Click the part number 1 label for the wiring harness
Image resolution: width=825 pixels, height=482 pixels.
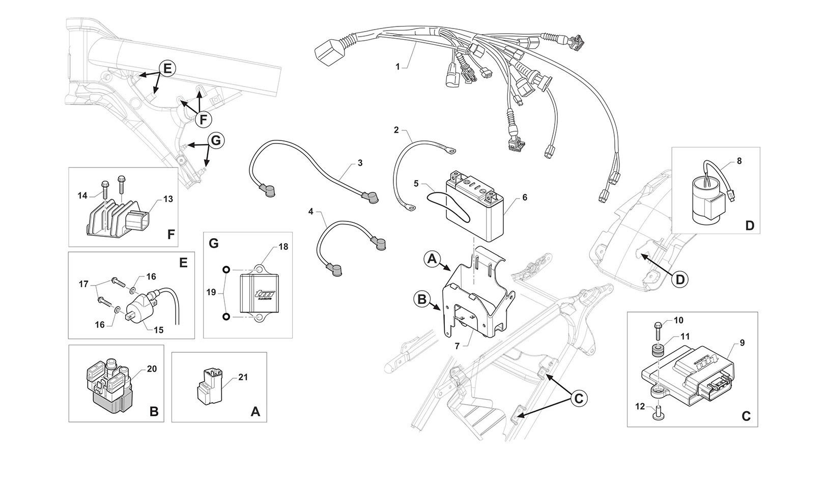(397, 67)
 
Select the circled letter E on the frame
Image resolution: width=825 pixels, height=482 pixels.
(167, 69)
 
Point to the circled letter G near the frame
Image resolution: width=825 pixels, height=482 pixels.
(216, 140)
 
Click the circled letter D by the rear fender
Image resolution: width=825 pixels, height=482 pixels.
(680, 280)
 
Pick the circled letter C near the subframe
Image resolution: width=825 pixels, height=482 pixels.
(579, 398)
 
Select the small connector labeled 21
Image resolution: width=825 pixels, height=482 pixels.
(210, 387)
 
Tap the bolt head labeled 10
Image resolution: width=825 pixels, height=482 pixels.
(658, 325)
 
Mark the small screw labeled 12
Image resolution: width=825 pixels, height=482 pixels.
(659, 415)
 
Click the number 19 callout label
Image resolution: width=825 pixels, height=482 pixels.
(211, 292)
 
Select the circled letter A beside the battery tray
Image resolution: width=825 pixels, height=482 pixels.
(432, 259)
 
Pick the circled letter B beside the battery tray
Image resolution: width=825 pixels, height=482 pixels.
(422, 299)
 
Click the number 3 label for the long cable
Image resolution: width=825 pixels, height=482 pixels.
(360, 162)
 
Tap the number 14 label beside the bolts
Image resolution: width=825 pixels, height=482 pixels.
(82, 195)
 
